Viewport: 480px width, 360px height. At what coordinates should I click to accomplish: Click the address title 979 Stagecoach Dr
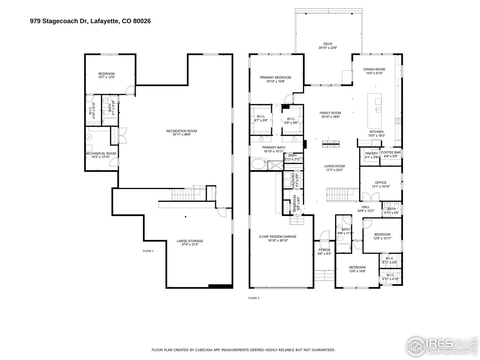pos(90,21)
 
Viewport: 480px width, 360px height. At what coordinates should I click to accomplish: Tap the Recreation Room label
pos(181,131)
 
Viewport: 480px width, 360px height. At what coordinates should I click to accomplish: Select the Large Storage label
pos(190,241)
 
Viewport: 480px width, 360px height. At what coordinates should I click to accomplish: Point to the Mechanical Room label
pos(100,153)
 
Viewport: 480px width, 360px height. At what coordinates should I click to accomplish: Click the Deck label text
pos(328,44)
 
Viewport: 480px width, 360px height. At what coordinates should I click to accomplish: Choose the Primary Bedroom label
pos(275,78)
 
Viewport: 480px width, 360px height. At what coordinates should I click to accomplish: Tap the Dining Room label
pos(374,69)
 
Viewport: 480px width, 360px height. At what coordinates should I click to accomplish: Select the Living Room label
pos(334,166)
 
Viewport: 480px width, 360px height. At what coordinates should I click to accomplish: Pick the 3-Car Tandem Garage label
pos(277,237)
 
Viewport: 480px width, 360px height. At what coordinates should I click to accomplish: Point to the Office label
pos(381,183)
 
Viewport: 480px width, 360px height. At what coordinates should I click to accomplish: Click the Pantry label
pos(371,153)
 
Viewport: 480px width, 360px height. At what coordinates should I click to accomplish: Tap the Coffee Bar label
pos(391,152)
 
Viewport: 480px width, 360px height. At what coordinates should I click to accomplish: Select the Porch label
pos(324,250)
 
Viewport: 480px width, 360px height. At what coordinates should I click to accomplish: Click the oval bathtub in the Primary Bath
pos(258,164)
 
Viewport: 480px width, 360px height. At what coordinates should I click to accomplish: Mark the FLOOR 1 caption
pos(148,251)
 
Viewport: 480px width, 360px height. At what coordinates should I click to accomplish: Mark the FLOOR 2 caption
pos(254,298)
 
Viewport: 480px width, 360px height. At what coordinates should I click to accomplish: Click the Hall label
pos(366,207)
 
